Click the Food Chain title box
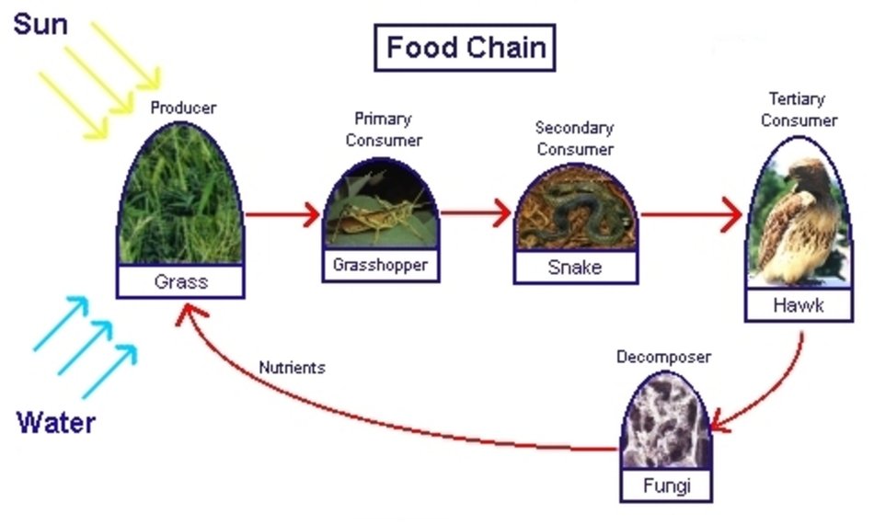(465, 48)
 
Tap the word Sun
(40, 25)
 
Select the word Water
(56, 422)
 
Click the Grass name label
(180, 281)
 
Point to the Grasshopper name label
(381, 265)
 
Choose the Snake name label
(575, 268)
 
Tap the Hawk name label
(799, 305)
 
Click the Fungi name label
(667, 485)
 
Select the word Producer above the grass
(183, 108)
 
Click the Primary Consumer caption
(384, 130)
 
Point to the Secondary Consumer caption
(575, 139)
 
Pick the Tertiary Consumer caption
(799, 109)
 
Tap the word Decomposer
(663, 357)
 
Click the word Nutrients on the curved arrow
(292, 368)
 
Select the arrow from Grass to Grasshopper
(282, 214)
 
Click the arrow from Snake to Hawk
(691, 214)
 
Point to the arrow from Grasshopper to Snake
(476, 212)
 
